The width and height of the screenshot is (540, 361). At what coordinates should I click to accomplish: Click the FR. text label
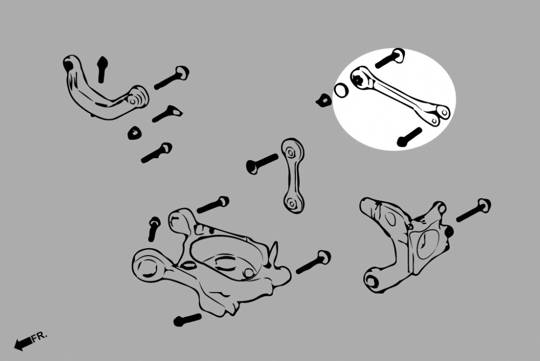[x=39, y=337]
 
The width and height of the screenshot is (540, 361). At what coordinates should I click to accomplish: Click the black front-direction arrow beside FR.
[x=23, y=344]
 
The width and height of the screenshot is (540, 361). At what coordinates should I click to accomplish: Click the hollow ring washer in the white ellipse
[x=341, y=91]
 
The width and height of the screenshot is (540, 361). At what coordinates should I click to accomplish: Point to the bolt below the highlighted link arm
[x=409, y=137]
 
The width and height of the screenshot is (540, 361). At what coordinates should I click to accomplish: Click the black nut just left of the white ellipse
[x=323, y=100]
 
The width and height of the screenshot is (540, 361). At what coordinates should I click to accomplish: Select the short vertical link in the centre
[x=293, y=176]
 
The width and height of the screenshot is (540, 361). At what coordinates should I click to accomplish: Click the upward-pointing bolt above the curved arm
[x=102, y=69]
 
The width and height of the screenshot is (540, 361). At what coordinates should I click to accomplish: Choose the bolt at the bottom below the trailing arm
[x=187, y=319]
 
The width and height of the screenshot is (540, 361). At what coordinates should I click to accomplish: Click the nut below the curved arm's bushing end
[x=134, y=133]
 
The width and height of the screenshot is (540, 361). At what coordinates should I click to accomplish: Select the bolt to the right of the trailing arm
[x=313, y=262]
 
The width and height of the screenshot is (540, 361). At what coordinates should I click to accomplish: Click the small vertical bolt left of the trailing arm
[x=153, y=228]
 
